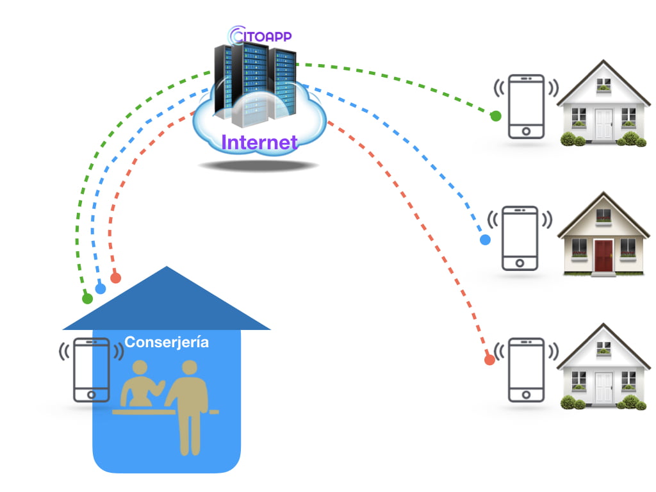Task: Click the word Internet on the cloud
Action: (x=259, y=142)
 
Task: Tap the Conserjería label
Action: (x=167, y=342)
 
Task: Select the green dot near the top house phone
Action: (x=495, y=116)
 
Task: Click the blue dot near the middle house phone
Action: (x=485, y=240)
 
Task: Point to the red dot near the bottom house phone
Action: (x=489, y=360)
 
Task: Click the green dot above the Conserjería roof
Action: (x=87, y=299)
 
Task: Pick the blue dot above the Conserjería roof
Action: (x=101, y=289)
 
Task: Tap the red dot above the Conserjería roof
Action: (x=115, y=278)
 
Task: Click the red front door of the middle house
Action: (x=603, y=256)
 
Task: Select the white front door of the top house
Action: (x=603, y=124)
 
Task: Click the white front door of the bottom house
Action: (x=603, y=386)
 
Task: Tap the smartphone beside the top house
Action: (x=527, y=106)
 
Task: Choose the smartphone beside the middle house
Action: (x=520, y=238)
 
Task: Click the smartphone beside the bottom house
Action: (x=527, y=370)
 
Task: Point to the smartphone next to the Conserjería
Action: (x=92, y=370)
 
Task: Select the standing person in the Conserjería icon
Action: (x=188, y=404)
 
